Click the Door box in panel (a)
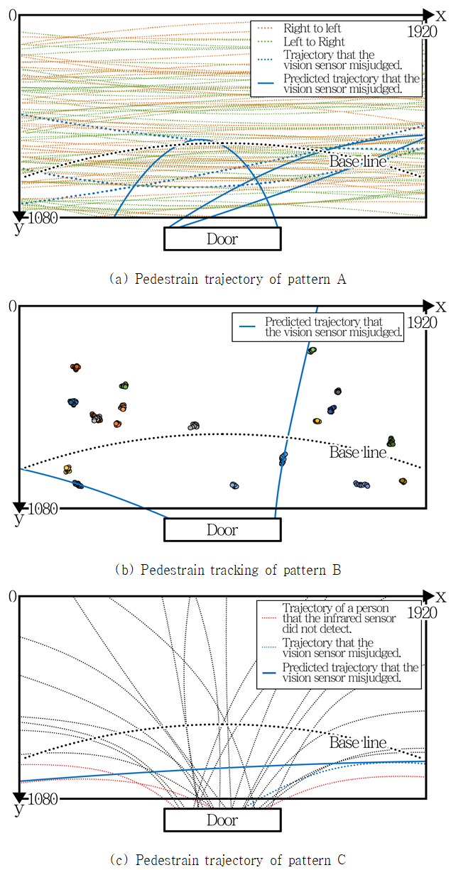(x=222, y=239)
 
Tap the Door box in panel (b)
(x=222, y=530)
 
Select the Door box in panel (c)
(x=222, y=820)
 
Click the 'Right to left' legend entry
(x=312, y=28)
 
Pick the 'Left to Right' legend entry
(x=314, y=42)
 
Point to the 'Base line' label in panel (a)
(x=358, y=161)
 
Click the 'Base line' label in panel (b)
(x=358, y=452)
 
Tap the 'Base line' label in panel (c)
(x=358, y=742)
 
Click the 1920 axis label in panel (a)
(x=422, y=32)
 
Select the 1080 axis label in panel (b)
(x=43, y=509)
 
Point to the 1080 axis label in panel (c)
(x=43, y=799)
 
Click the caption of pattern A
(x=227, y=280)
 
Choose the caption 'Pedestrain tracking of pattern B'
(x=228, y=570)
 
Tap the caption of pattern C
(x=228, y=859)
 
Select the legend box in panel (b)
(x=318, y=327)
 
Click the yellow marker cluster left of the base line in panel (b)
(x=67, y=469)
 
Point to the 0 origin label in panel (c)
(x=13, y=596)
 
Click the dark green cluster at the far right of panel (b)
(x=391, y=441)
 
